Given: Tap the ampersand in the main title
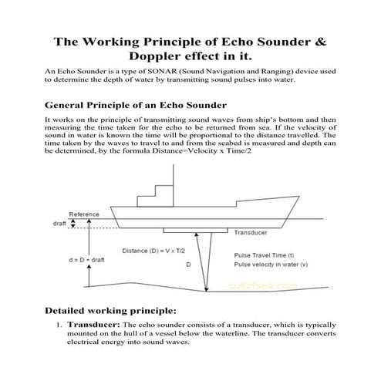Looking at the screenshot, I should pyautogui.click(x=322, y=40).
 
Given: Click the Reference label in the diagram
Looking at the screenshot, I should pyautogui.click(x=83, y=214).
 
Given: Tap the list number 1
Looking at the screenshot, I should pyautogui.click(x=58, y=325).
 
